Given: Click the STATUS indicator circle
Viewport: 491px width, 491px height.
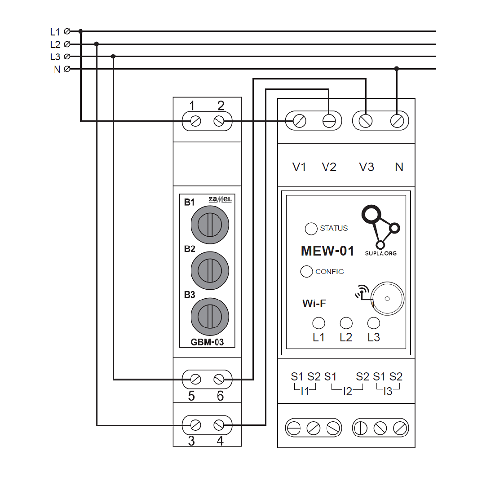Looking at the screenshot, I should click(311, 228).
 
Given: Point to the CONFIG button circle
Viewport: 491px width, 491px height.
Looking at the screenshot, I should click(306, 272).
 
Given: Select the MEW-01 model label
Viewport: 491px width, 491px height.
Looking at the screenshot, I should click(327, 251).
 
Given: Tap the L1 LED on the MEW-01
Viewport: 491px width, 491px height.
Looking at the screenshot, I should click(319, 323).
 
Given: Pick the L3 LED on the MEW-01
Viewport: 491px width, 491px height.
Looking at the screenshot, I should click(374, 323).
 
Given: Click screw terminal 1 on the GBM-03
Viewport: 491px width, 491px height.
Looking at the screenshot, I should click(195, 121).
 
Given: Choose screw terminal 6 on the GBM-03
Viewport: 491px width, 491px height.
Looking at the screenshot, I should click(219, 379).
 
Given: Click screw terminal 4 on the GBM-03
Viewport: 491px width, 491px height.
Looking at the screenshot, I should click(219, 425).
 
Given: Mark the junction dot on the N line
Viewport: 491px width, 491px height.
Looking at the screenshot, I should click(397, 69).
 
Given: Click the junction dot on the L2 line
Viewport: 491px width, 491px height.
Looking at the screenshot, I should click(97, 44).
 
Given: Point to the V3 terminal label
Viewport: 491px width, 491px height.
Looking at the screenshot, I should click(366, 167).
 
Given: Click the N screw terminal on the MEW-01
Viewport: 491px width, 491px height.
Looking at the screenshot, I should click(397, 121).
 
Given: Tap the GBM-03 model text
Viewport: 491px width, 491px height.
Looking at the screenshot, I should click(207, 342).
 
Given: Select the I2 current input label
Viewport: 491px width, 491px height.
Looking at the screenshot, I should click(347, 392).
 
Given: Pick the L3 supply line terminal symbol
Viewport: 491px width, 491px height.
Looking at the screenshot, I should click(67, 56).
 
